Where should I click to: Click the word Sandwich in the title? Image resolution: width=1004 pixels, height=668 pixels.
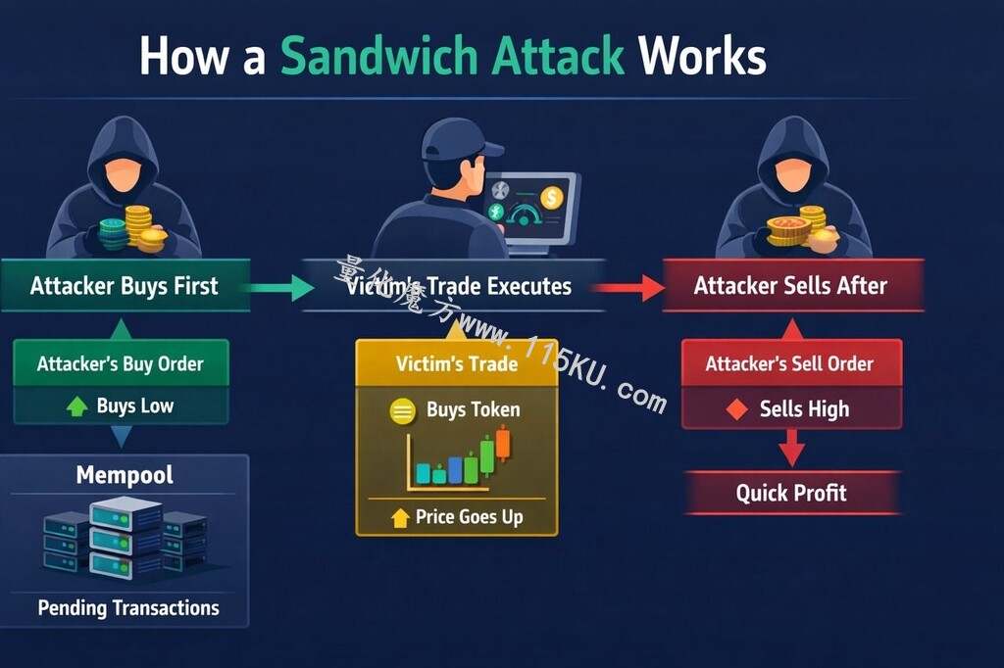pyautogui.click(x=379, y=56)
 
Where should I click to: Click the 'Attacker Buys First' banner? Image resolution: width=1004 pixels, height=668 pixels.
pyautogui.click(x=125, y=285)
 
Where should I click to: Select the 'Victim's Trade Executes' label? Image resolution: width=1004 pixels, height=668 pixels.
pyautogui.click(x=459, y=286)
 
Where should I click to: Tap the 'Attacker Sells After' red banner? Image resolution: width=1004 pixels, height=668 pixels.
pyautogui.click(x=792, y=285)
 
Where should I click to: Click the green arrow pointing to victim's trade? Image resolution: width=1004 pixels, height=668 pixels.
pyautogui.click(x=279, y=288)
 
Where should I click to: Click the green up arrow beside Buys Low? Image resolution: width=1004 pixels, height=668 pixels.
pyautogui.click(x=77, y=406)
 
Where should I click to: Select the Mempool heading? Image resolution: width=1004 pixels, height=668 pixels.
pyautogui.click(x=125, y=475)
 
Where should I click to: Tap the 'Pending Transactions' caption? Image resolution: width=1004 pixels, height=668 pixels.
pyautogui.click(x=128, y=608)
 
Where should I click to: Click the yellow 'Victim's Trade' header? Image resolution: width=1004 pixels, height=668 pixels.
pyautogui.click(x=457, y=362)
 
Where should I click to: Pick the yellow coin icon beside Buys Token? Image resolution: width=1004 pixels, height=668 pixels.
pyautogui.click(x=403, y=410)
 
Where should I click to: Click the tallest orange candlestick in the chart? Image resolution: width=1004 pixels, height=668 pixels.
pyautogui.click(x=503, y=443)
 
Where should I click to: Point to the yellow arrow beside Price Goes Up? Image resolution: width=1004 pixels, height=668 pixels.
pyautogui.click(x=400, y=517)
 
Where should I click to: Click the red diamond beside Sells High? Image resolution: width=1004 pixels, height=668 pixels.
pyautogui.click(x=737, y=408)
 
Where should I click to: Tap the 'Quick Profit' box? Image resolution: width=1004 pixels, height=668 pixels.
pyautogui.click(x=792, y=493)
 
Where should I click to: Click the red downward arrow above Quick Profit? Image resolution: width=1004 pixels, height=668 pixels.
pyautogui.click(x=792, y=448)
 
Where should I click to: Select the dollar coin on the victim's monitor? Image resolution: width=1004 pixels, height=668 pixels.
pyautogui.click(x=551, y=197)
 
